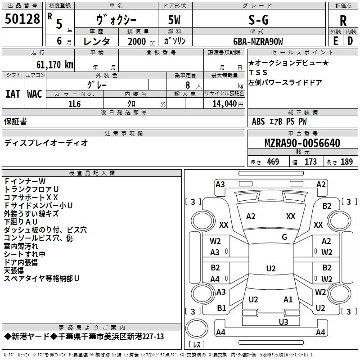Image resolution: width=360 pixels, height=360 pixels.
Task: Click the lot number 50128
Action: (x=22, y=19)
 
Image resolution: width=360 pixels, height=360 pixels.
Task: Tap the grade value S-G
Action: (x=258, y=20)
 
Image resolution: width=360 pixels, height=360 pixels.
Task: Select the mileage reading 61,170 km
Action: (x=55, y=64)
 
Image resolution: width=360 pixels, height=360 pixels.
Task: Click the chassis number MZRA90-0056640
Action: (x=302, y=143)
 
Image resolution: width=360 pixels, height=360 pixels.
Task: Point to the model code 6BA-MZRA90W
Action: (x=258, y=41)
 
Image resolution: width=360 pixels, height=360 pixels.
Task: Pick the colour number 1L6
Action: (x=74, y=104)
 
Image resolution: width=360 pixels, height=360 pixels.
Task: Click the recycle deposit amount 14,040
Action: (x=225, y=104)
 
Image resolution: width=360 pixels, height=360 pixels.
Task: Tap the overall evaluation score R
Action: (x=343, y=21)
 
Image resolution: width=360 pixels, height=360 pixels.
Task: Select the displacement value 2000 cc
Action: (x=141, y=41)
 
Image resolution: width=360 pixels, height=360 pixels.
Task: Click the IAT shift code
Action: (x=13, y=94)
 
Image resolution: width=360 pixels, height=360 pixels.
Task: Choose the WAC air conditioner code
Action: (x=35, y=94)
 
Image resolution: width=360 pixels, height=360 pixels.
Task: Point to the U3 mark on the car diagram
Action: (x=283, y=322)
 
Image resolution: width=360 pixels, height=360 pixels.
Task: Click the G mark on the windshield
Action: (x=284, y=237)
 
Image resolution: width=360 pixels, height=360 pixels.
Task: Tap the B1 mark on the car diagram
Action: (x=221, y=308)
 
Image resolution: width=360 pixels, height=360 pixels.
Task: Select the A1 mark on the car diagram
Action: (x=288, y=299)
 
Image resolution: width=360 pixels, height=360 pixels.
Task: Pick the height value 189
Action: (x=346, y=162)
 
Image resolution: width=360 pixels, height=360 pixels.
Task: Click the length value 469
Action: (x=273, y=162)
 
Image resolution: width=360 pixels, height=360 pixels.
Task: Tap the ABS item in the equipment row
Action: (x=258, y=121)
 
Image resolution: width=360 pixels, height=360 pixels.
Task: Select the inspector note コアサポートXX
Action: (x=31, y=197)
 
